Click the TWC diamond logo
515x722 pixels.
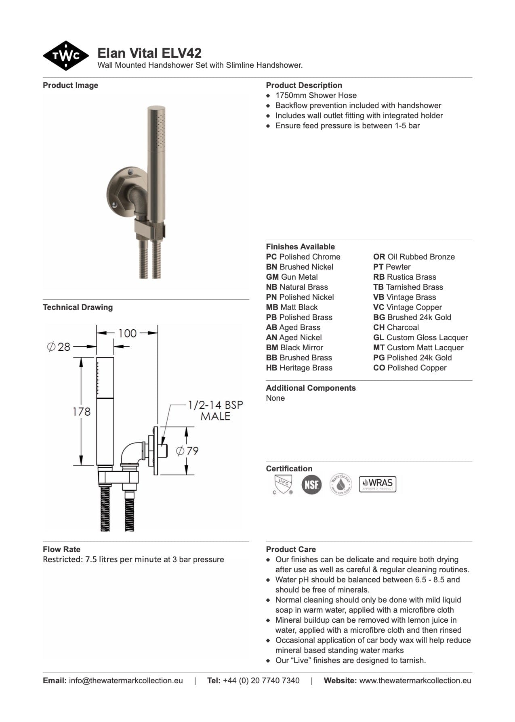pos(66,56)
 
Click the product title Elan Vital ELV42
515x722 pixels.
pos(149,53)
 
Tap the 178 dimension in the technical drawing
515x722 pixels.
pos(82,411)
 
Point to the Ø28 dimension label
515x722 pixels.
pos(59,347)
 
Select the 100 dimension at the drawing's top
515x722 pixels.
pos(127,333)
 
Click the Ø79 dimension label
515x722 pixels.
pos(188,450)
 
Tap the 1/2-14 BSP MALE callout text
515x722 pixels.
pos(215,410)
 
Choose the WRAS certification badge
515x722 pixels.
pos(378,484)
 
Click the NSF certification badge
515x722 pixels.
pos(311,484)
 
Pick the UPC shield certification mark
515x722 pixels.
pos(282,483)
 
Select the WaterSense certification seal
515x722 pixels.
pos(341,484)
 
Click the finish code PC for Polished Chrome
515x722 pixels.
pos(271,257)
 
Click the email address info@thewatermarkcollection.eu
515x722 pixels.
pos(126,680)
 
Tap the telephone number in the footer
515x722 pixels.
pos(261,680)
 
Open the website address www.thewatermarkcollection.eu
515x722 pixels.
pos(415,680)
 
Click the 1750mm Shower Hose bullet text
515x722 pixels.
pos(316,96)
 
